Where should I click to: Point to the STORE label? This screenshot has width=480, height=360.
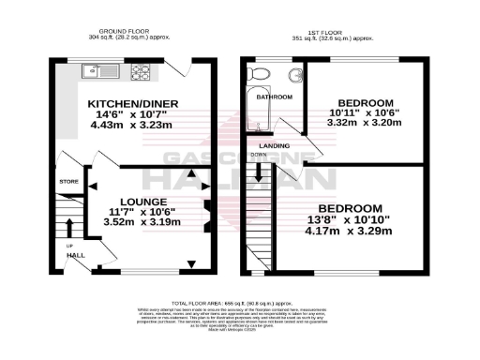click(x=67, y=182)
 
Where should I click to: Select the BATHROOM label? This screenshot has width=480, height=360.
click(x=275, y=97)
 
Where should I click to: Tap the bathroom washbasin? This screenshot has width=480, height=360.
click(x=295, y=75)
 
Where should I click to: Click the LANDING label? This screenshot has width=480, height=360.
click(x=274, y=145)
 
